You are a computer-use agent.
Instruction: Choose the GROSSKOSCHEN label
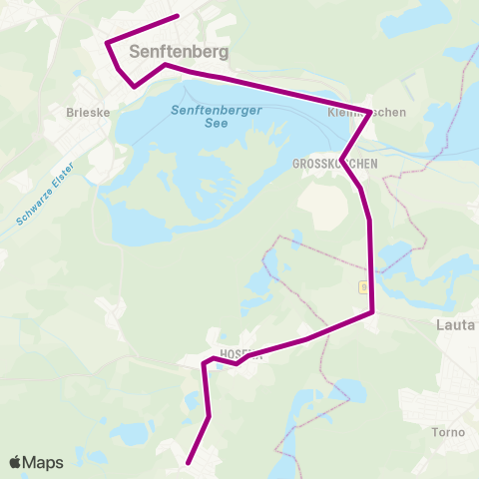coord(333,163)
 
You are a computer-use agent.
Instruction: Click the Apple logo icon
coord(15,463)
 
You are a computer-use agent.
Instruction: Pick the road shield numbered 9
coord(364,287)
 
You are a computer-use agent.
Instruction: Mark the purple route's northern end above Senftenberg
coord(177,16)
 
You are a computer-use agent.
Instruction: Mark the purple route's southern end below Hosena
coord(190,462)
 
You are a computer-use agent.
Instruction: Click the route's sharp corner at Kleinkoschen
coord(371,111)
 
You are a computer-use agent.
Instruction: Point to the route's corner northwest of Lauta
coord(372,312)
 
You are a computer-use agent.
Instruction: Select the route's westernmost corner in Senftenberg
coord(107,42)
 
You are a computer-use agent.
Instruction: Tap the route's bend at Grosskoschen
coord(342,158)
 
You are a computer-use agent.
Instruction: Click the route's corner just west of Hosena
coord(205,363)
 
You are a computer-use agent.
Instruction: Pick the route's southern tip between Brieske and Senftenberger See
coord(135,87)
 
